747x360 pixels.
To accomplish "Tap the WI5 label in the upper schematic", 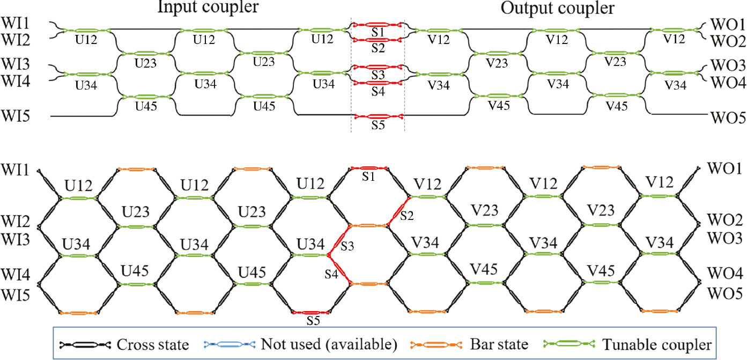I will coord(17,115).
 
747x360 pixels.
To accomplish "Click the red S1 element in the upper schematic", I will coord(377,25).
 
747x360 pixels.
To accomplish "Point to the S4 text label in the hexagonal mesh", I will coord(331,275).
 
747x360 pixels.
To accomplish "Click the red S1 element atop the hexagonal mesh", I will coord(367,169).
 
